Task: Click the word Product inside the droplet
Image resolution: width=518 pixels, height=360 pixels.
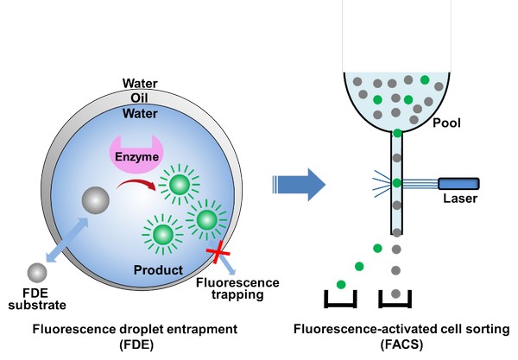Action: [x=158, y=270]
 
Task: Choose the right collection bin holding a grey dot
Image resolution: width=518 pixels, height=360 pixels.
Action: [x=397, y=299]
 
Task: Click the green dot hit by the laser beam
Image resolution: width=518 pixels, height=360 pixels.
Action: [x=397, y=182]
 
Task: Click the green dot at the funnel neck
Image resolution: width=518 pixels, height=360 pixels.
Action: [x=397, y=133]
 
